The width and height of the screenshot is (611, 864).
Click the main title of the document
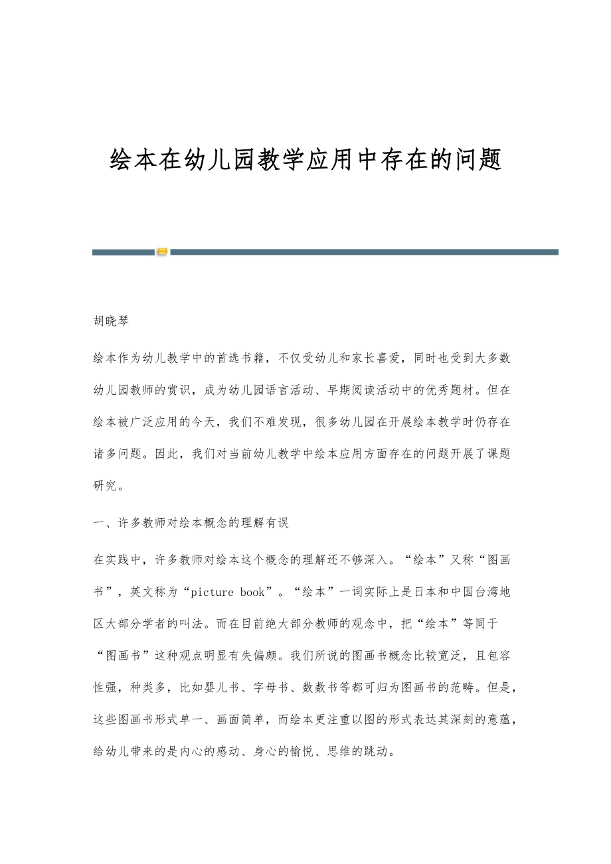(x=305, y=160)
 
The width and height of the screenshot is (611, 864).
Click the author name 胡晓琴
(x=111, y=321)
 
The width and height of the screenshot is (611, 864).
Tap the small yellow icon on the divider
(x=162, y=252)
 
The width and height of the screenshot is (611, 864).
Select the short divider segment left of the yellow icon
(x=123, y=252)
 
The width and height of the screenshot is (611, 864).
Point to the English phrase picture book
(x=224, y=592)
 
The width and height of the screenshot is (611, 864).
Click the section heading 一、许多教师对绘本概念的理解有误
(x=191, y=523)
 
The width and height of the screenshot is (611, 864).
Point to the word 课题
(x=494, y=454)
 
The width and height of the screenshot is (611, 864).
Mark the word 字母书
(x=270, y=687)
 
